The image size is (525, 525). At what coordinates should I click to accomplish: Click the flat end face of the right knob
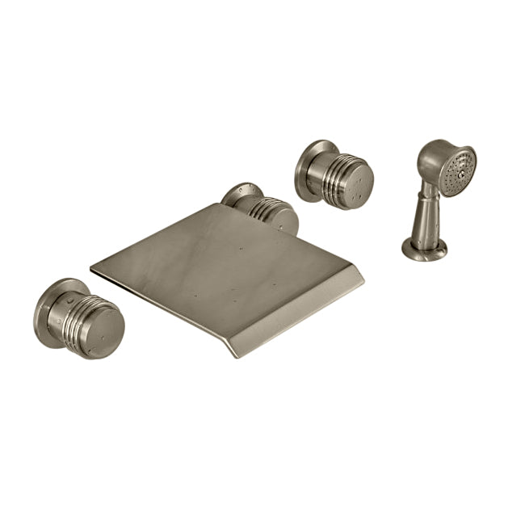350,182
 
